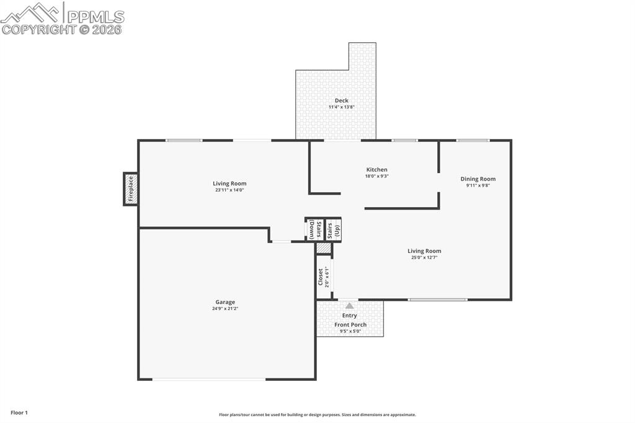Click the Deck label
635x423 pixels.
341,100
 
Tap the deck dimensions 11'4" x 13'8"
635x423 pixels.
341,107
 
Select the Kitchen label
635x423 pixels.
376,169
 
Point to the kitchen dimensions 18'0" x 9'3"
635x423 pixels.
376,176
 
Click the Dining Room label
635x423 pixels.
477,179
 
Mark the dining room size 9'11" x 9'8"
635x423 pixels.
477,185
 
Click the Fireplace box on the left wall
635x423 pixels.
130,189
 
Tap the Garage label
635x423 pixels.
225,302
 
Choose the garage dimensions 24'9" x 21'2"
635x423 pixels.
225,309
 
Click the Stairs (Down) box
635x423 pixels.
314,229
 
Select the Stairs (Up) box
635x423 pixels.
334,229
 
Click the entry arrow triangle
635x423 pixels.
350,306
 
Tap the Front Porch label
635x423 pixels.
350,324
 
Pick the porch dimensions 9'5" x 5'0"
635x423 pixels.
350,331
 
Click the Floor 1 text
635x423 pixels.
19,412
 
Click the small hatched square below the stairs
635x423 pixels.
323,248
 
